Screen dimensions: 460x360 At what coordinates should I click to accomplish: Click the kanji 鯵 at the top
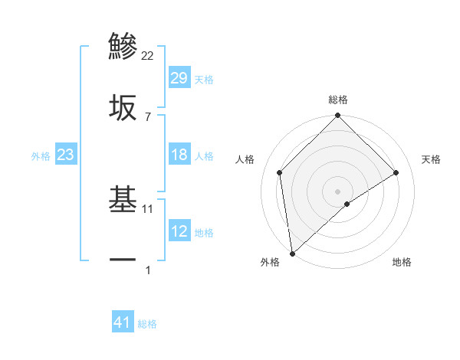coord(123,46)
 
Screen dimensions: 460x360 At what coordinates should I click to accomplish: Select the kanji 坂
coord(123,108)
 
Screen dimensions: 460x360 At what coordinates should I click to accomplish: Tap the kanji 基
coord(123,201)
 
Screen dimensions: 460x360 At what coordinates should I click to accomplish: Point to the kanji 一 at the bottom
coord(123,261)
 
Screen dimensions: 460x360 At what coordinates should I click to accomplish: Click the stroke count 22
coord(148,56)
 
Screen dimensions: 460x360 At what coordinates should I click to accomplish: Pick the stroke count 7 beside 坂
coord(148,116)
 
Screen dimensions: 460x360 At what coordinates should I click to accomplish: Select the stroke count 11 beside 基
coord(149,208)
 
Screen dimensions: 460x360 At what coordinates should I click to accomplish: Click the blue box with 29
coord(179,78)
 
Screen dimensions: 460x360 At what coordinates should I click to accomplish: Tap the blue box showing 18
coord(179,155)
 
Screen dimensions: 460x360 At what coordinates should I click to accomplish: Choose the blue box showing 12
coord(179,231)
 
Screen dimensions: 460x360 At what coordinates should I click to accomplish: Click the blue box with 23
coord(66,155)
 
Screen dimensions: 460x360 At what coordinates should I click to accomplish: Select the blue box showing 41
coord(123,322)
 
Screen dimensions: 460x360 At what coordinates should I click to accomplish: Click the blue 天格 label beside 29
coord(203,79)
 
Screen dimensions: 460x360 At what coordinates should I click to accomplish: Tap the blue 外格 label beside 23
coord(41,155)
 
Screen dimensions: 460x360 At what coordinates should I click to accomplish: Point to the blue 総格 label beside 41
coord(147,324)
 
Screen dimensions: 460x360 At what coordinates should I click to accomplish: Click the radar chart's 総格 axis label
coord(337,100)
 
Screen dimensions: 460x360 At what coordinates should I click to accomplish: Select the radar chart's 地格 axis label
coord(402,262)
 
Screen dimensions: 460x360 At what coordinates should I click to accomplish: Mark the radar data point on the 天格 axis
coord(396,172)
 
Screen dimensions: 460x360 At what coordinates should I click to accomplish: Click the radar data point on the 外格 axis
coord(292,253)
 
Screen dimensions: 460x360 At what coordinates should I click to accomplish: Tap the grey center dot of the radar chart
coord(337,191)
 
